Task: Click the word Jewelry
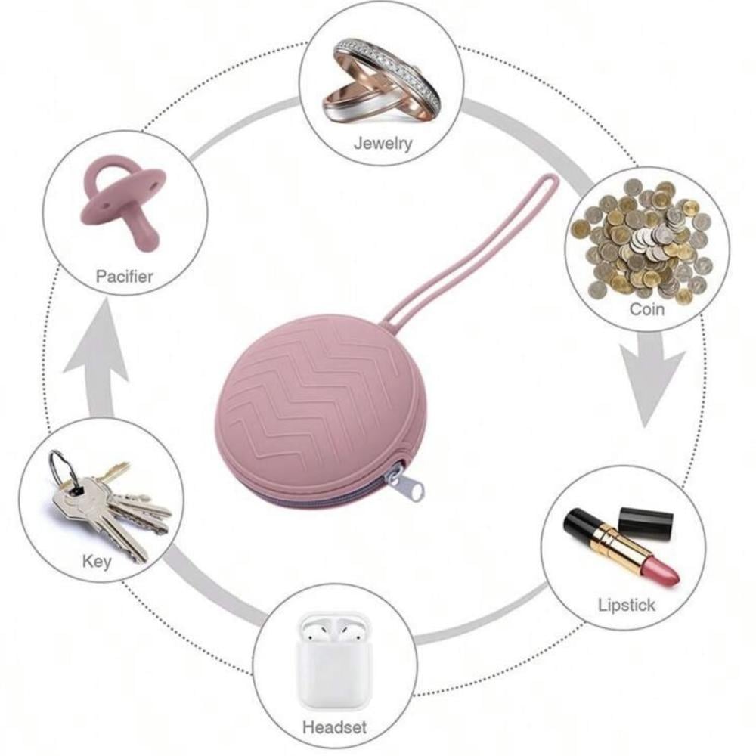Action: tap(383, 143)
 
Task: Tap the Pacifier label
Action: tap(124, 276)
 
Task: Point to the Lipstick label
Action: tap(627, 605)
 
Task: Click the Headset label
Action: tap(334, 727)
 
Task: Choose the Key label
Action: tap(97, 561)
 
